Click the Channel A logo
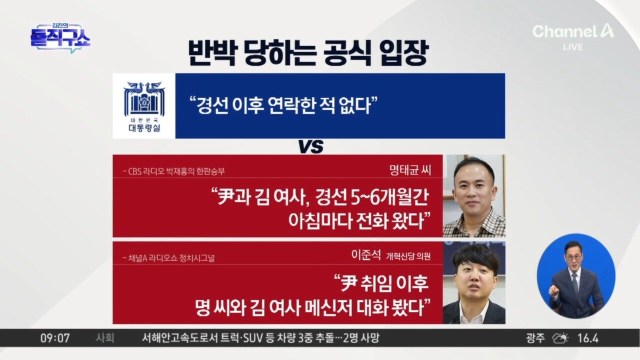[573, 31]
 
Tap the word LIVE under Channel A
[573, 47]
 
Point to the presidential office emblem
[144, 99]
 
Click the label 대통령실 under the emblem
[144, 128]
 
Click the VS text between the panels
[311, 146]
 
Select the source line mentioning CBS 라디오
[173, 171]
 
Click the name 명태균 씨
[410, 170]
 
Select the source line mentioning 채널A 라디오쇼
[168, 258]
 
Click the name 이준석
[366, 255]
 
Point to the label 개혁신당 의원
[408, 256]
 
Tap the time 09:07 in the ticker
[55, 338]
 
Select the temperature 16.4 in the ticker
[587, 338]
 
